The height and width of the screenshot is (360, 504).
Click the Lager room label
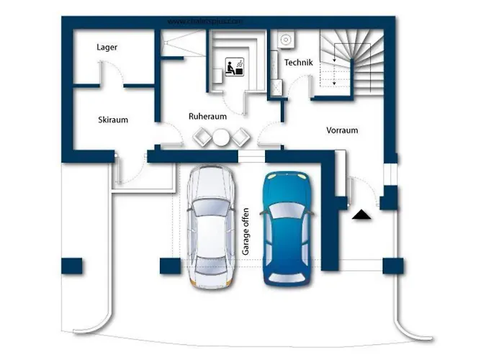tap(107, 48)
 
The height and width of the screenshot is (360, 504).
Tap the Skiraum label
tap(113, 120)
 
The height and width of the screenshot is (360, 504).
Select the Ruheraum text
tap(208, 115)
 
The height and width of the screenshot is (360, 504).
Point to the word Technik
tap(298, 63)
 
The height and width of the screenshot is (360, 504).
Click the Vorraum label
tap(342, 130)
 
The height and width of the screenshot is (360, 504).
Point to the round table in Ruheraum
tap(221, 137)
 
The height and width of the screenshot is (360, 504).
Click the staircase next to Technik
tap(349, 61)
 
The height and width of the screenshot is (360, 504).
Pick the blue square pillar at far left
tap(72, 266)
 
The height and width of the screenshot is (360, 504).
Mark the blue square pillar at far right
tap(393, 266)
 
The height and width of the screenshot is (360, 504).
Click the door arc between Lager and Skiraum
tap(109, 72)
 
